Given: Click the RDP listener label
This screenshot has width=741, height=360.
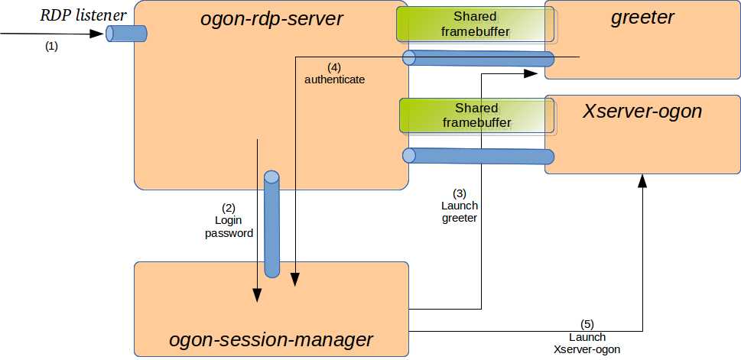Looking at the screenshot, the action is (83, 15).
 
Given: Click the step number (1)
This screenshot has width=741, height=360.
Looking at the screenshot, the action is (51, 47).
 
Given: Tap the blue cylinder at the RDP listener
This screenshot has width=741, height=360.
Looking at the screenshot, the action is (126, 34).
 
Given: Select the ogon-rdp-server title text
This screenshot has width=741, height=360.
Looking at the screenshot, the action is (271, 19).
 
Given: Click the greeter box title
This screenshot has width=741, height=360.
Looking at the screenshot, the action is (642, 18).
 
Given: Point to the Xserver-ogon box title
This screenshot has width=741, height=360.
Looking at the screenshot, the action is (642, 111).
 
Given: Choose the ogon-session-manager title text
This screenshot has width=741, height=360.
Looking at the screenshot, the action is (271, 339).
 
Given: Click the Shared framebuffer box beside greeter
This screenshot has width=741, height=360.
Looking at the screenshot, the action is (476, 24).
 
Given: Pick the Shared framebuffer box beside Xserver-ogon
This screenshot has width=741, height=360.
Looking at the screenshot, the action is (476, 115).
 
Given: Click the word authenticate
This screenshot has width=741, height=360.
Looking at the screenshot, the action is (335, 79).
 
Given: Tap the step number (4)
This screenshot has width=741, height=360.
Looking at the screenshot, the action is (334, 67).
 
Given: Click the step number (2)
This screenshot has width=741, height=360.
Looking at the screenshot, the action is (228, 208).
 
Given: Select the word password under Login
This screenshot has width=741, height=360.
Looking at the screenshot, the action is (229, 233).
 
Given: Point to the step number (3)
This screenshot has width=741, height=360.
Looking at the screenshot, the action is (460, 193).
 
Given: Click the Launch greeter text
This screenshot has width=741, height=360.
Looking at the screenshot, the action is (460, 212).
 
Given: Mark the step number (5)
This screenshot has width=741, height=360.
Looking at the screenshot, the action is (587, 324).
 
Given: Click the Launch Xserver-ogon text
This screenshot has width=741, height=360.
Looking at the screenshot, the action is (587, 343).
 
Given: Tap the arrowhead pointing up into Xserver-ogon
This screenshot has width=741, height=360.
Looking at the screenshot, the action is (642, 180).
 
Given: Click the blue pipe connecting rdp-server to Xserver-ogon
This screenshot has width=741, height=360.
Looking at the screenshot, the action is (478, 156).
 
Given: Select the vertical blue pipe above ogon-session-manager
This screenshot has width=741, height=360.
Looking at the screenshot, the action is (271, 224).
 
